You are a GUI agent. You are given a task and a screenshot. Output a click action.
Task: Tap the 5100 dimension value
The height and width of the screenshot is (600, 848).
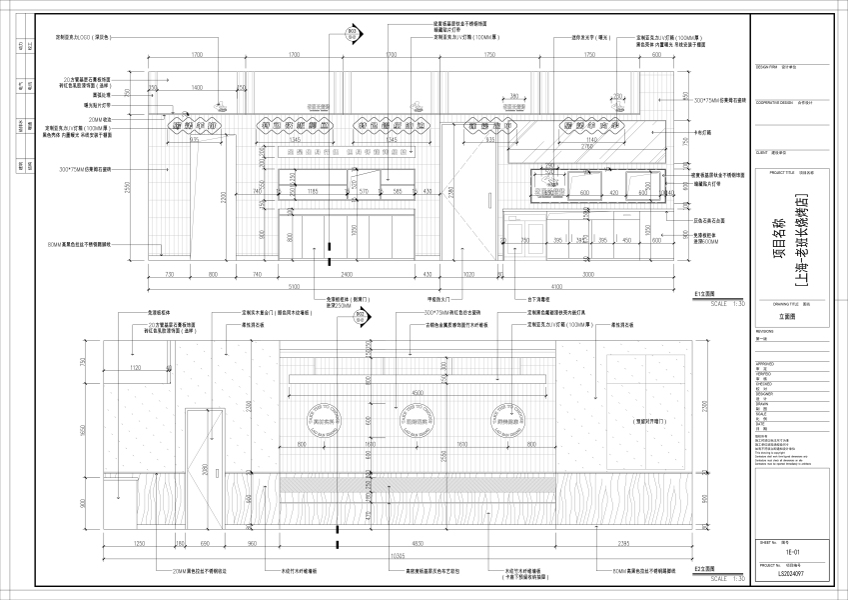click(323, 284)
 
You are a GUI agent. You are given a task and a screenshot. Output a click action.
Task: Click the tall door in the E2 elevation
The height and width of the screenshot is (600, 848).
click(201, 470)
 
